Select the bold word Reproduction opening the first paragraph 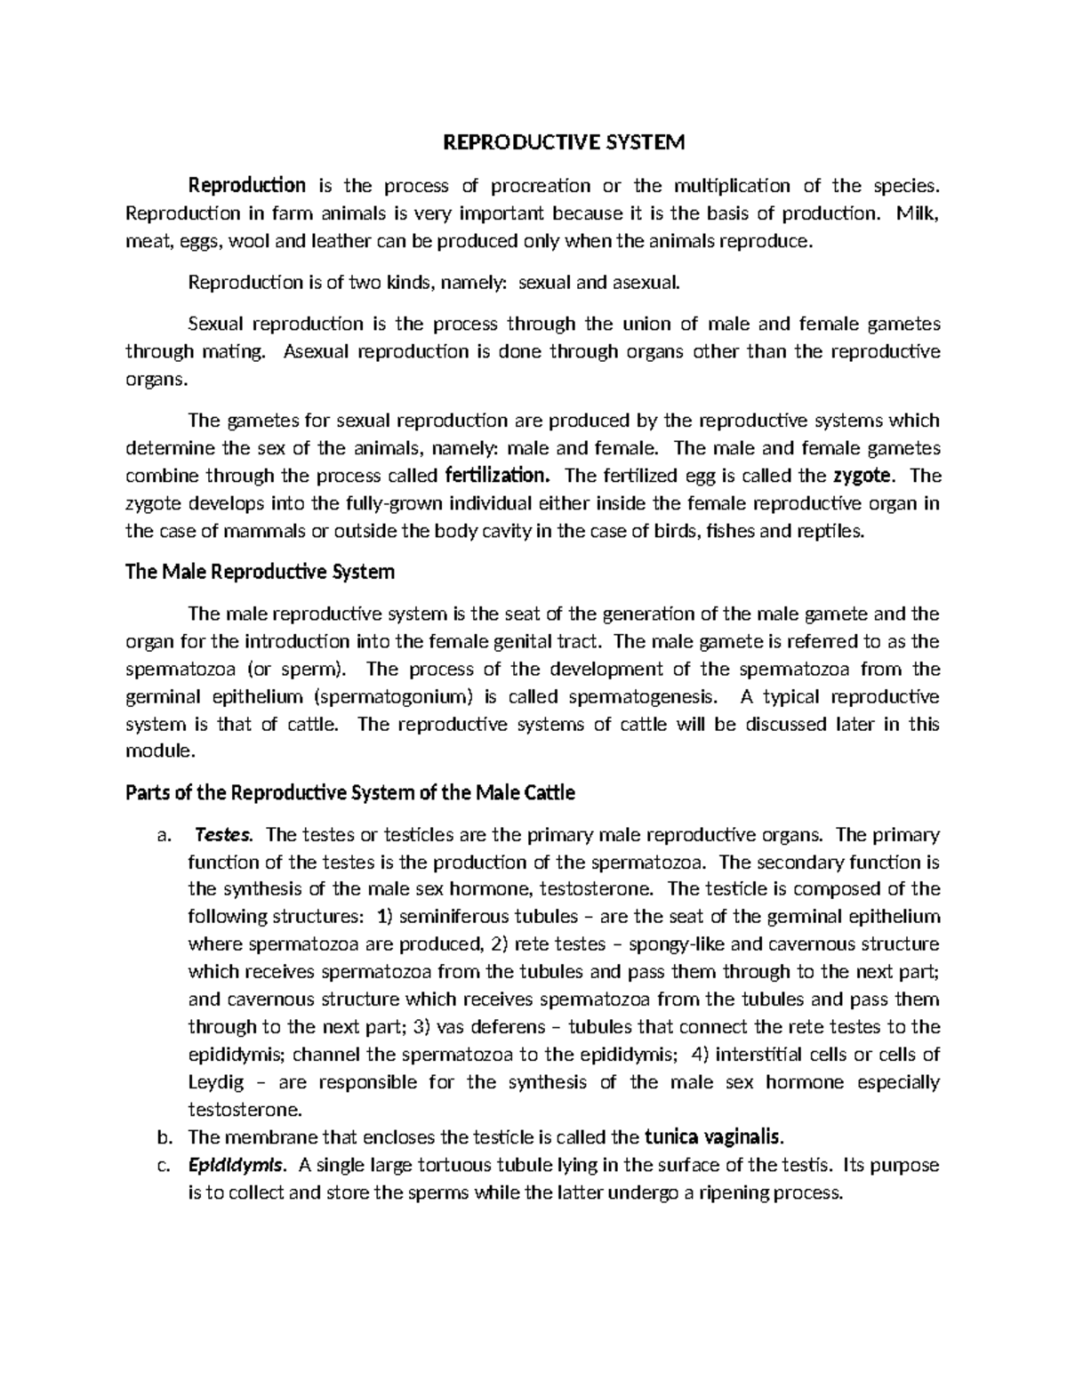pos(246,186)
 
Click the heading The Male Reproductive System pos(261,572)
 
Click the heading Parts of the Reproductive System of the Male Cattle pos(350,792)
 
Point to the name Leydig pos(215,1082)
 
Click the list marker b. pos(162,1137)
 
